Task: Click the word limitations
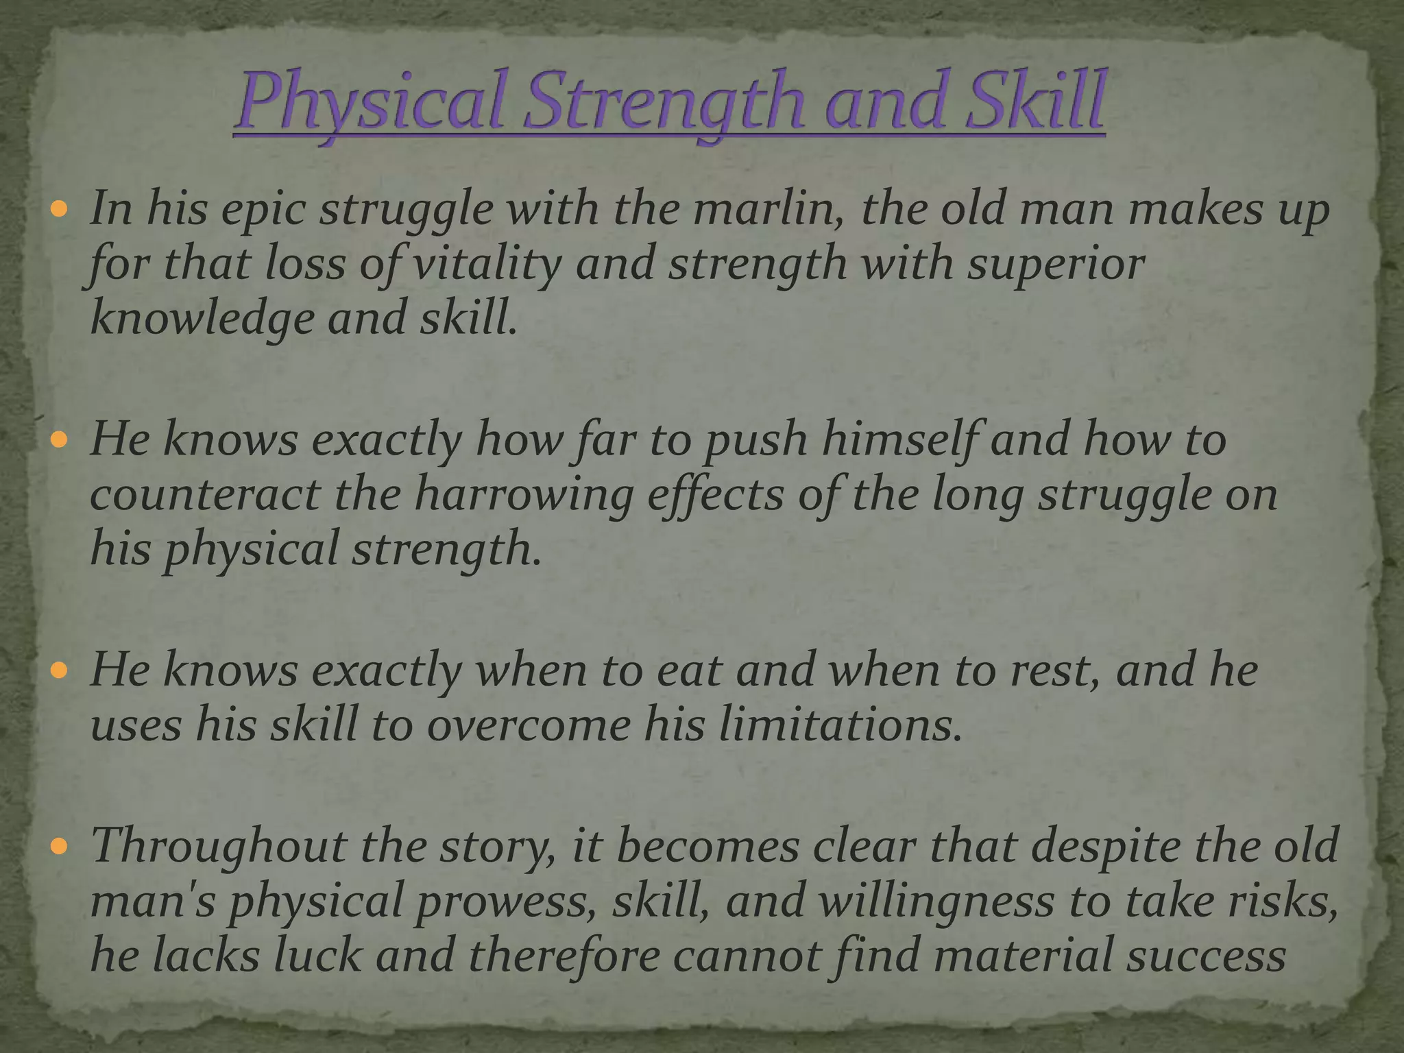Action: coord(837,725)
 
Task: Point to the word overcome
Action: coord(529,725)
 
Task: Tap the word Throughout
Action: coord(219,845)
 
